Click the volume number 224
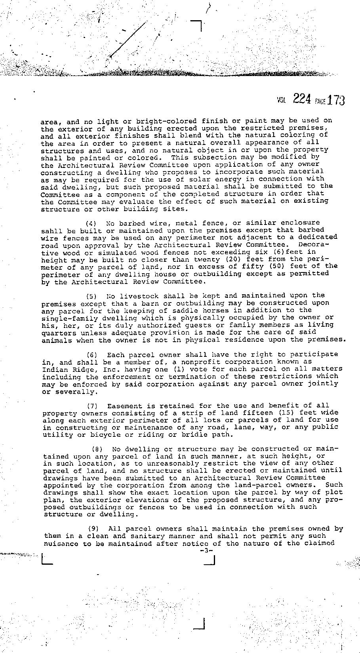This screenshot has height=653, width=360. [x=302, y=99]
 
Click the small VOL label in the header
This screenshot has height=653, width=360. [x=282, y=101]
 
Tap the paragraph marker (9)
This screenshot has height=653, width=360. [x=93, y=529]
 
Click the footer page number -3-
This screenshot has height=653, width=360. [x=206, y=551]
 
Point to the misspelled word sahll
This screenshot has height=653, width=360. [x=51, y=230]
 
